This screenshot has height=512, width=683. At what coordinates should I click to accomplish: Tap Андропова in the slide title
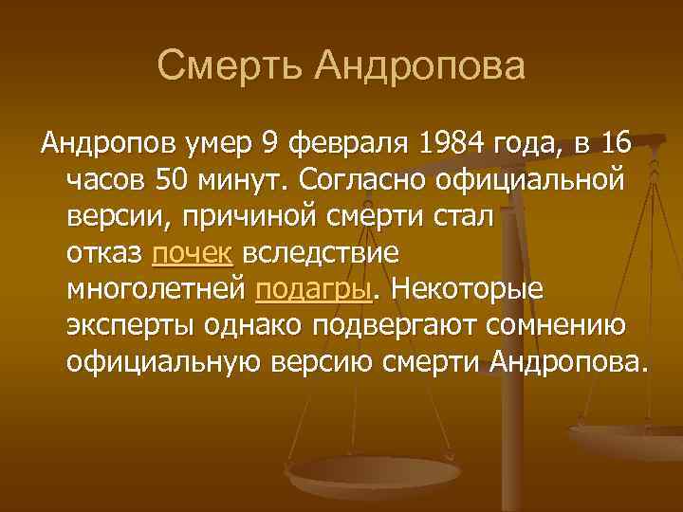pos(420,66)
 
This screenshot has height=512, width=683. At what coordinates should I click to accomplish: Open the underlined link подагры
pos(311,289)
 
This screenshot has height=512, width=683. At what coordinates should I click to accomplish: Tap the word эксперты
pos(129,325)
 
